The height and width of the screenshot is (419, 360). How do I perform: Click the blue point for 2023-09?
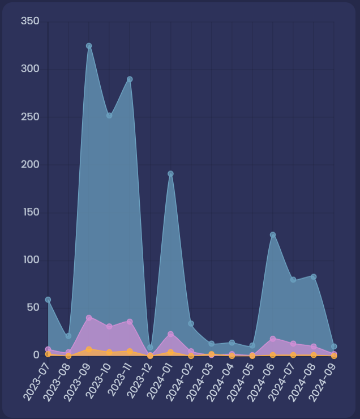[89, 46]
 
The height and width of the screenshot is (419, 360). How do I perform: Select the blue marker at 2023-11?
[130, 79]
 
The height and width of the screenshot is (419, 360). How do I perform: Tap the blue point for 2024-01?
[170, 174]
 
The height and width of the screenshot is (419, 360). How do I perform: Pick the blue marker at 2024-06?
[273, 234]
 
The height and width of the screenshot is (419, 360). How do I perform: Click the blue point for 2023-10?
[109, 116]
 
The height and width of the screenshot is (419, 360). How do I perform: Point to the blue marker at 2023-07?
[48, 300]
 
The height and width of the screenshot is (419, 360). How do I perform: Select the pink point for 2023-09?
[89, 318]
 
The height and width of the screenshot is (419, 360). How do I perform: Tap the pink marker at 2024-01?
[170, 334]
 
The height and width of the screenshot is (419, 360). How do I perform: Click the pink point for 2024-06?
[273, 339]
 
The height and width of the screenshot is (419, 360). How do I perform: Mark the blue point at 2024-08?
[314, 277]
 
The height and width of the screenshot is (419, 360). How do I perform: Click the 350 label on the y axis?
[30, 21]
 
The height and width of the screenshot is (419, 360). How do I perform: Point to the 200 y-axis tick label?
[30, 164]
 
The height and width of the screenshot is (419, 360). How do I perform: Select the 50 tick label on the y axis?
[32, 307]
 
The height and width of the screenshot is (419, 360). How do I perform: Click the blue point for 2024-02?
[191, 323]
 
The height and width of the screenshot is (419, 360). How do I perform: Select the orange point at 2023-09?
[89, 349]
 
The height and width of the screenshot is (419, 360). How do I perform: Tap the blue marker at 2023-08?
[68, 336]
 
